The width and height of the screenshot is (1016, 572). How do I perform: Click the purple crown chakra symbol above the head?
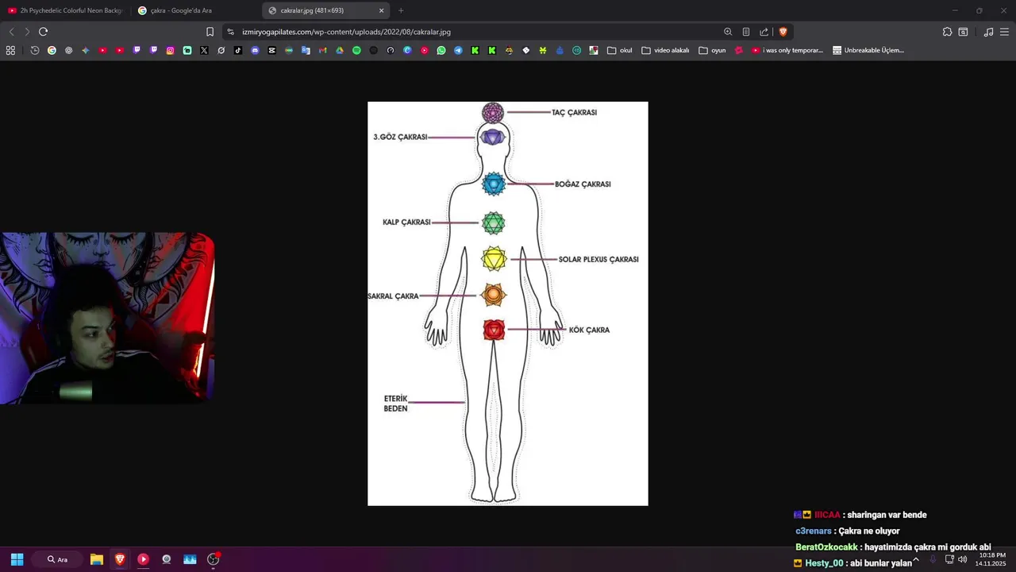(493, 113)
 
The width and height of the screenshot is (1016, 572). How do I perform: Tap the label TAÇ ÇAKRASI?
(574, 113)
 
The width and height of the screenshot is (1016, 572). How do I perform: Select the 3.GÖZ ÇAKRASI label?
(400, 137)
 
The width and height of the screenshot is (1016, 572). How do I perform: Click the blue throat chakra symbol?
(493, 184)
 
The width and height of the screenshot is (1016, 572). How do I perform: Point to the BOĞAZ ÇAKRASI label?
(583, 184)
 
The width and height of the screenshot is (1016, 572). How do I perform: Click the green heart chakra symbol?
(493, 223)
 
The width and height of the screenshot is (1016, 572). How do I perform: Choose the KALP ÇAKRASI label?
(406, 222)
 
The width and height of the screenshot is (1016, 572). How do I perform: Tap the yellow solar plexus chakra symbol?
(494, 259)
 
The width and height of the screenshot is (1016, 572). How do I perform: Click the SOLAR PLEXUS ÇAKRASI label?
(598, 260)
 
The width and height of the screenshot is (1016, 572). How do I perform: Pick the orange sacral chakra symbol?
(493, 296)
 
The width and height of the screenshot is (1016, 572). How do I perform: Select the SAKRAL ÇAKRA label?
(393, 296)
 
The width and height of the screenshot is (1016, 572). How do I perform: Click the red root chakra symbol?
(494, 330)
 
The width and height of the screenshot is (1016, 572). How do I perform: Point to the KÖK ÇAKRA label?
(589, 330)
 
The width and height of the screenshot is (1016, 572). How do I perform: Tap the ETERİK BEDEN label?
(395, 404)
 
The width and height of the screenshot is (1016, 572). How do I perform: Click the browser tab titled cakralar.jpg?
(317, 10)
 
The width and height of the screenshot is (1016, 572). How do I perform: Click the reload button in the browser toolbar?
(43, 32)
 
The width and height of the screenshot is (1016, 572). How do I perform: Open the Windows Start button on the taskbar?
(17, 559)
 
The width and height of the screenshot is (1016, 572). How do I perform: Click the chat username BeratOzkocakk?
(826, 547)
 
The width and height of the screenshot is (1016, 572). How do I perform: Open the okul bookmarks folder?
(620, 50)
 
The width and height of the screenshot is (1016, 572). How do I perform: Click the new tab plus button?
(401, 10)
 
